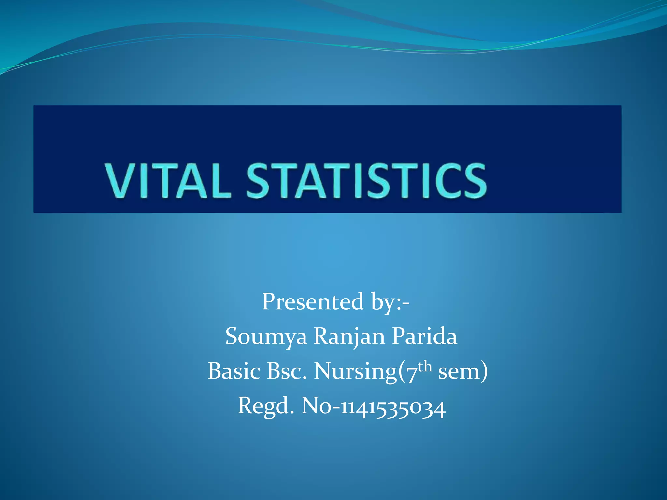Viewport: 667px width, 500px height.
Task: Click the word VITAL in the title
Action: [168, 181]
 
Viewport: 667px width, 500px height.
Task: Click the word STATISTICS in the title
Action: [366, 181]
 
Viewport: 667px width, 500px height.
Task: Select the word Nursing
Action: [355, 372]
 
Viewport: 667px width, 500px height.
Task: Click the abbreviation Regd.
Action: [266, 406]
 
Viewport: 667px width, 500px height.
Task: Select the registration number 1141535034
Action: [393, 408]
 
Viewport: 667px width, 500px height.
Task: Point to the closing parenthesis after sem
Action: [484, 372]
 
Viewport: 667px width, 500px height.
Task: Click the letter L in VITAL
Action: [220, 181]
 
